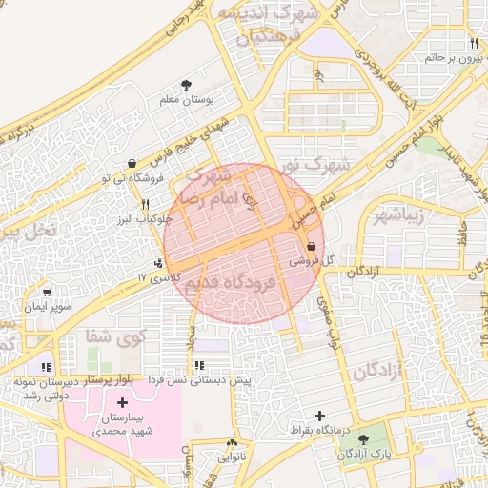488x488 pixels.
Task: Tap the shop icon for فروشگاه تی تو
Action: tap(131, 164)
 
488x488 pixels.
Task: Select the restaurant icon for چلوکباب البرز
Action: tap(146, 204)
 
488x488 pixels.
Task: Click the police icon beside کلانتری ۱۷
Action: tap(158, 262)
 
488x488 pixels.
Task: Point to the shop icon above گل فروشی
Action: tap(312, 246)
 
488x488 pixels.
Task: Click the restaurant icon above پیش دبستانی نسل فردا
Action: tap(198, 366)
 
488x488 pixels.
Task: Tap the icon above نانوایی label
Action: tap(233, 443)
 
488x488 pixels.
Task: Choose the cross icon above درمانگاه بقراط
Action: tap(319, 416)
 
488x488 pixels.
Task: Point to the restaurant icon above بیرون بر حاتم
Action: tap(474, 44)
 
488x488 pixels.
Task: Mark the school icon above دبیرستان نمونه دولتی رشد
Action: tap(45, 367)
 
